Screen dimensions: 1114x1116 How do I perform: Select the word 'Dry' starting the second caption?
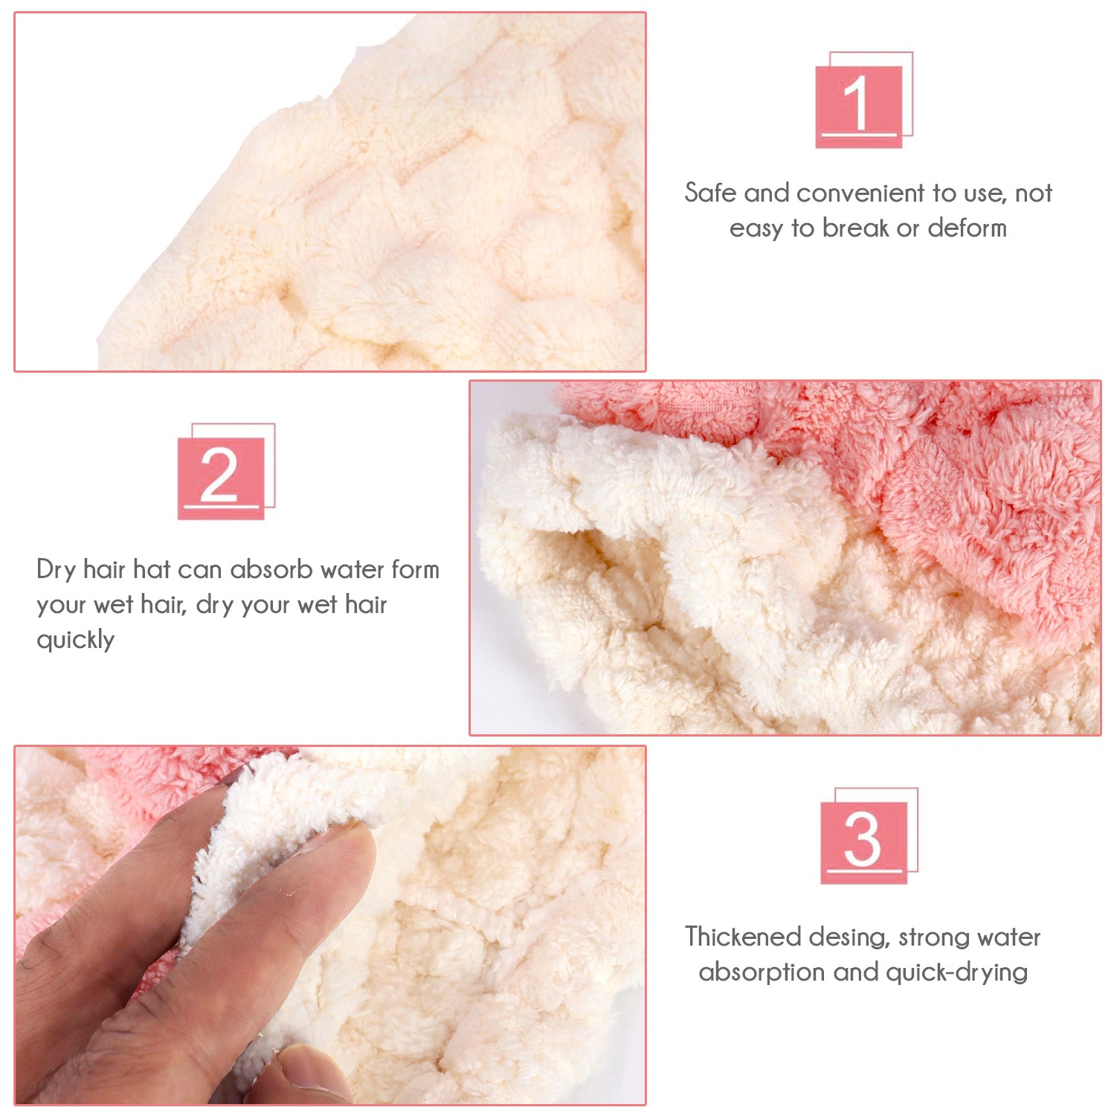click(x=57, y=570)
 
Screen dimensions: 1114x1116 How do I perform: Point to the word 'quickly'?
click(x=76, y=640)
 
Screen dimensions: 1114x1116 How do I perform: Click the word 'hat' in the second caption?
click(x=152, y=569)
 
